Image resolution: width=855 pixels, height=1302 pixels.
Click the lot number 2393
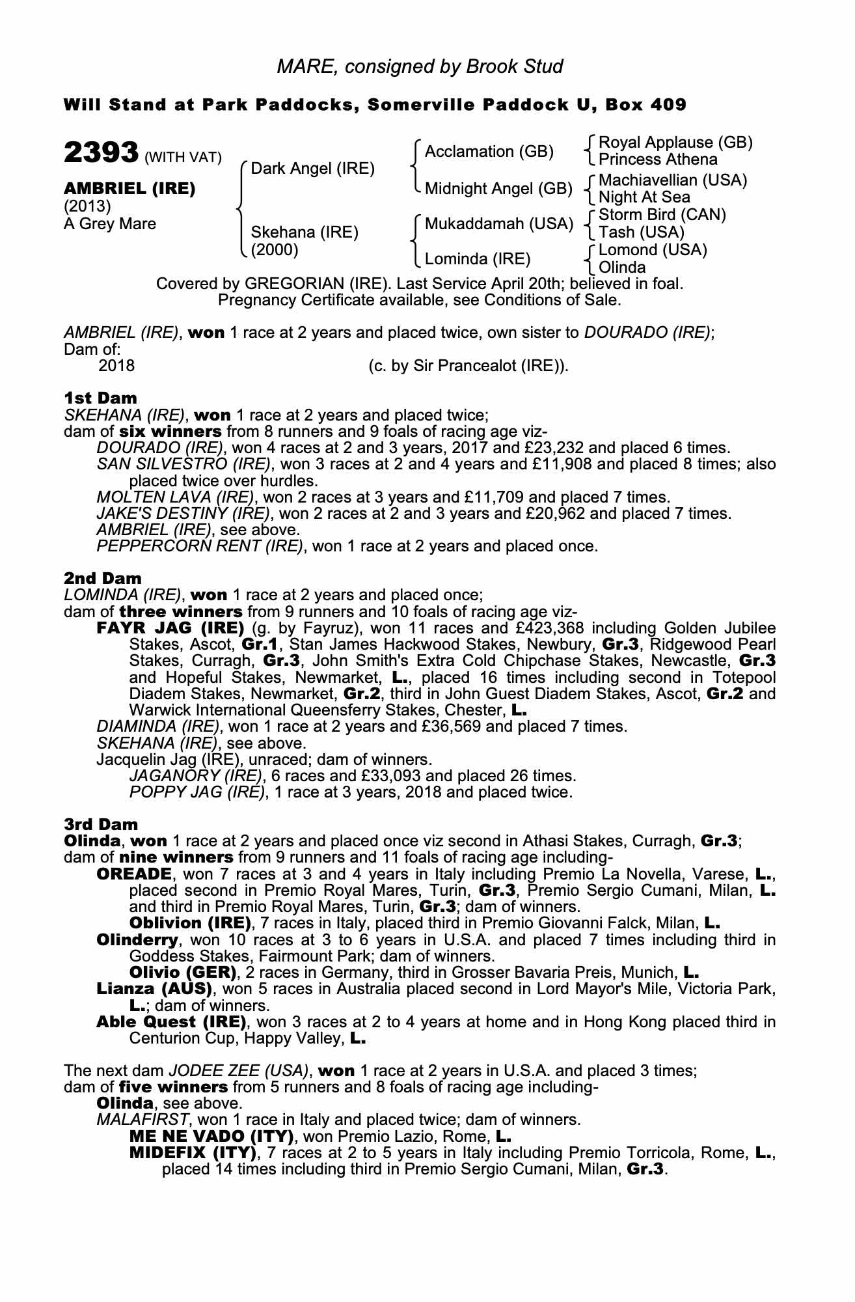101,154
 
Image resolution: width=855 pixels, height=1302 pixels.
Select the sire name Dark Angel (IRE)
312,169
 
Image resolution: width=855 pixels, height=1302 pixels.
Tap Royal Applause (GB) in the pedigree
675,143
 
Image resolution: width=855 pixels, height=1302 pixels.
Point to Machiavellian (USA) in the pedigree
672,180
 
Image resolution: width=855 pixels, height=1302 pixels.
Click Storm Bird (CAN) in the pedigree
662,215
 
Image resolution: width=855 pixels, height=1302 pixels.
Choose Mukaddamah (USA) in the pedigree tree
498,224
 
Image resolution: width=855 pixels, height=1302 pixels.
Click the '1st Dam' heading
100,398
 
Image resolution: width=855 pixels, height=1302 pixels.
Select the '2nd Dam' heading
102,578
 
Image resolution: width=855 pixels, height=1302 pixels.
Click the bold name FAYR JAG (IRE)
170,628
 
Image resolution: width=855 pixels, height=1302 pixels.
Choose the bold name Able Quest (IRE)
170,1021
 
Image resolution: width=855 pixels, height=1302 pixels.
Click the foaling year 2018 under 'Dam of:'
116,366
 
